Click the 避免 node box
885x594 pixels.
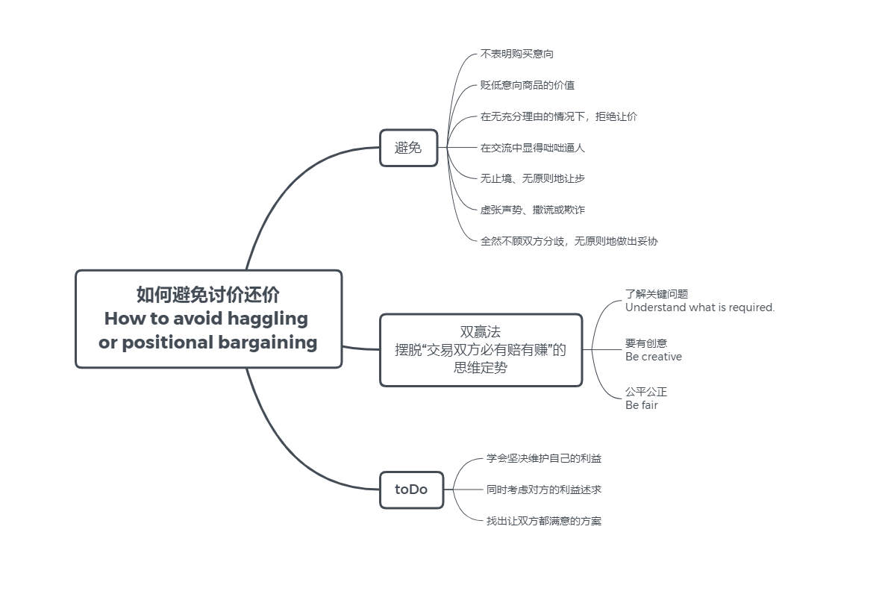[x=408, y=148]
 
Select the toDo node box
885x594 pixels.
[x=411, y=490]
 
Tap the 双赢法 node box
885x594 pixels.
[x=481, y=349]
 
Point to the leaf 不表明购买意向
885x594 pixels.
[x=516, y=54]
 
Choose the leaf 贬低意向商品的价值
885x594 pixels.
[x=527, y=85]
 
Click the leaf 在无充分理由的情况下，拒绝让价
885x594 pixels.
[x=558, y=116]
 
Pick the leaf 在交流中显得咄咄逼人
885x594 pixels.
[x=532, y=148]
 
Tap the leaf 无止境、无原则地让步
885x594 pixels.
[x=527, y=178]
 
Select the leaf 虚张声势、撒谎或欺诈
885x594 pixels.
[x=532, y=210]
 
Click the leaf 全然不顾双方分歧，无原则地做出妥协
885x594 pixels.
[x=569, y=241]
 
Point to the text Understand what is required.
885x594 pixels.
[x=700, y=307]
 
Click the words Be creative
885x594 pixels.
[x=654, y=357]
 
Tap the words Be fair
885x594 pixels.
[x=642, y=405]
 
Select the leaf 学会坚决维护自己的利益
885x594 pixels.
[x=544, y=458]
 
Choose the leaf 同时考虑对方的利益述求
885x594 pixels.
[x=544, y=490]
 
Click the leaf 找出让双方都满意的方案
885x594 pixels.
[x=544, y=521]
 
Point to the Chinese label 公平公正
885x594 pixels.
[x=646, y=392]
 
